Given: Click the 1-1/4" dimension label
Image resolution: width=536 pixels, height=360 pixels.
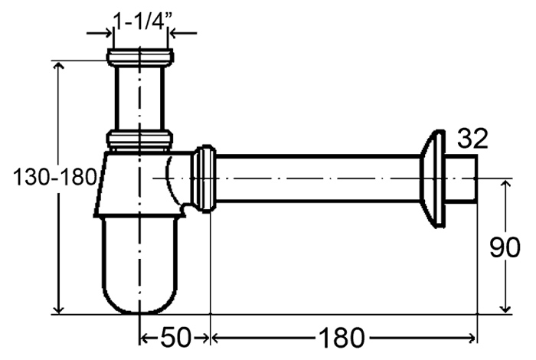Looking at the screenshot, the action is click(x=142, y=22).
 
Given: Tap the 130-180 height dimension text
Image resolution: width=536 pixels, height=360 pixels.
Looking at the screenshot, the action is click(x=54, y=178).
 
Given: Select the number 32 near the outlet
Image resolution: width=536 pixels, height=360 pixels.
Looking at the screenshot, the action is click(x=472, y=139).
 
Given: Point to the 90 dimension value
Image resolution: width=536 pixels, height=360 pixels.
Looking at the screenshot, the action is click(x=505, y=247).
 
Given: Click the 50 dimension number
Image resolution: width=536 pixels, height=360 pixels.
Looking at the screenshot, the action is click(x=175, y=338).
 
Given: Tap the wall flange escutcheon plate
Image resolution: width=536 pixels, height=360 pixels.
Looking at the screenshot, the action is click(x=432, y=178).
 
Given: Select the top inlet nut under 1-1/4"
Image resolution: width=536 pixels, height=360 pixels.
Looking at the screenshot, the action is click(x=140, y=57).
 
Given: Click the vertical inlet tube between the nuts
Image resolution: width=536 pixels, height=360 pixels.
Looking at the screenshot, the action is click(x=140, y=98).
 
